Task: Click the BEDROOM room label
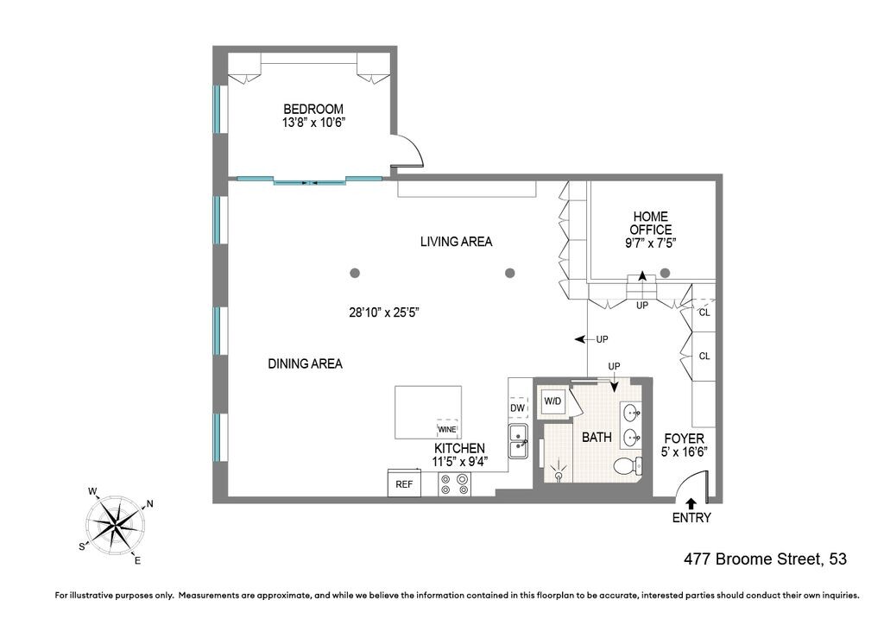click(x=313, y=110)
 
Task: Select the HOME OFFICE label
click(x=651, y=223)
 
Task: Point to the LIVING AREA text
click(x=456, y=242)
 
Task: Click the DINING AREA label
click(x=305, y=363)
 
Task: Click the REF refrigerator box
click(x=404, y=484)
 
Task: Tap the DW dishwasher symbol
click(x=518, y=408)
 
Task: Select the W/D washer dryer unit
click(x=552, y=401)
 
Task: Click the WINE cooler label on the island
click(x=447, y=429)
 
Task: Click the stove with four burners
click(x=455, y=484)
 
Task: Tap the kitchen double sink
click(x=518, y=440)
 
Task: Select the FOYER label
click(x=684, y=439)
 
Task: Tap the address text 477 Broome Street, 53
click(x=764, y=559)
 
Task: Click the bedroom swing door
click(x=408, y=154)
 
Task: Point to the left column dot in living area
click(x=355, y=273)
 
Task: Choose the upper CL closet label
click(x=704, y=312)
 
